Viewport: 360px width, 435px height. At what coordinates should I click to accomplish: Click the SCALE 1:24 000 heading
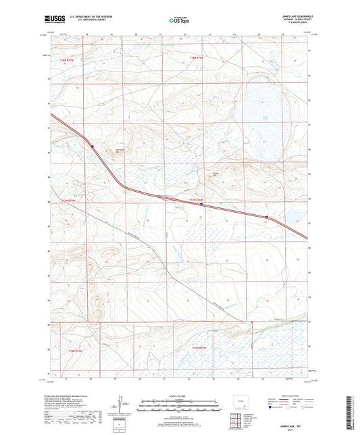tap(179, 397)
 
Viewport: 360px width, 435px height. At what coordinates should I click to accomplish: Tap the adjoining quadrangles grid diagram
tap(236, 421)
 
